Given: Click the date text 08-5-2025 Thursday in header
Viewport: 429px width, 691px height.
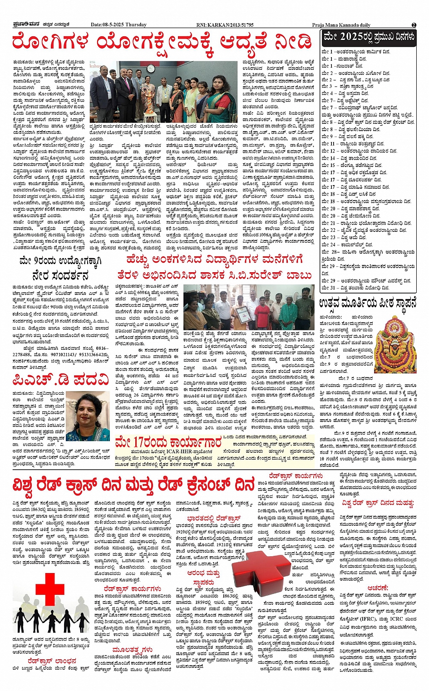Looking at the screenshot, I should [x=118, y=25].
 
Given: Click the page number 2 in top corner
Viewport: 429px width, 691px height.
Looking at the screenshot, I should [x=414, y=25].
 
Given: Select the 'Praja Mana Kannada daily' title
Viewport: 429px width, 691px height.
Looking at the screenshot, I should [x=341, y=25].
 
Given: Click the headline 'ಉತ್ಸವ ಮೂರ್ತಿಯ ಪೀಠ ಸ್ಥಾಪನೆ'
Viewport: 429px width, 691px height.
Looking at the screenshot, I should [x=367, y=304].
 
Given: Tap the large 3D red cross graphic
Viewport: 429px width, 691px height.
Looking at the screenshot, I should [x=259, y=577].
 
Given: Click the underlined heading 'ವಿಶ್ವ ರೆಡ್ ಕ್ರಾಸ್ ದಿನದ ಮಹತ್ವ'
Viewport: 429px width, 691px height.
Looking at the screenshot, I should [x=378, y=503].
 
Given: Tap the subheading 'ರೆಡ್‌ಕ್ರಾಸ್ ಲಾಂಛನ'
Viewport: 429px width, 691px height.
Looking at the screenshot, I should [x=52, y=661].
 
